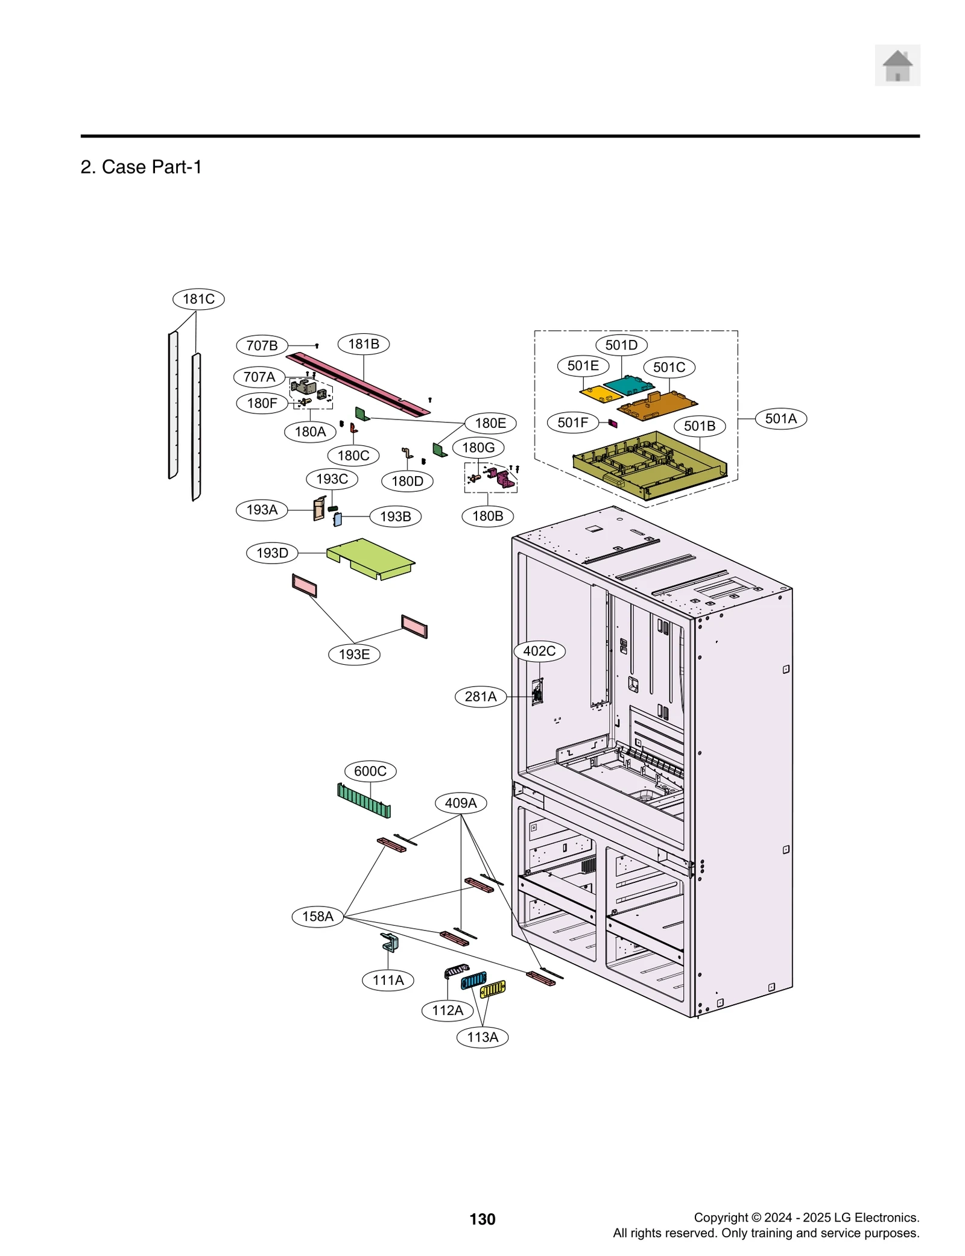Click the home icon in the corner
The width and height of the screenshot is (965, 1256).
click(x=897, y=65)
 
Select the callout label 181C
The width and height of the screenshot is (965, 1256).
click(x=198, y=299)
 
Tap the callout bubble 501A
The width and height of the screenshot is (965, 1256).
click(x=780, y=418)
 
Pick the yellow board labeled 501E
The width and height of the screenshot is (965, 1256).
click(x=601, y=395)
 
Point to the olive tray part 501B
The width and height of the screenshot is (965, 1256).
click(x=649, y=463)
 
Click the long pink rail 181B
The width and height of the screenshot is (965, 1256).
click(x=358, y=384)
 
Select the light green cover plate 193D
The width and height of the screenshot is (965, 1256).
click(x=370, y=557)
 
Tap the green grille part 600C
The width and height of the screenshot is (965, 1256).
click(x=364, y=800)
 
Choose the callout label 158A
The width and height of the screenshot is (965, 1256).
click(x=317, y=916)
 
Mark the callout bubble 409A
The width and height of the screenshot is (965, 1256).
click(x=460, y=803)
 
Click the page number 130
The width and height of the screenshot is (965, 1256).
click(x=482, y=1219)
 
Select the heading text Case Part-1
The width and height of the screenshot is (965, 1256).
click(x=141, y=167)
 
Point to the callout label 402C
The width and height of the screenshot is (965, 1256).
click(x=539, y=651)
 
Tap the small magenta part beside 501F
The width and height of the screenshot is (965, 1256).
click(x=613, y=424)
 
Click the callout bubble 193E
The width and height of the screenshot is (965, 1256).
click(x=354, y=655)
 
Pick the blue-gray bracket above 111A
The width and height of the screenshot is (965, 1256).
click(x=390, y=942)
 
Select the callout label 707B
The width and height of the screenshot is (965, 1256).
click(x=262, y=345)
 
